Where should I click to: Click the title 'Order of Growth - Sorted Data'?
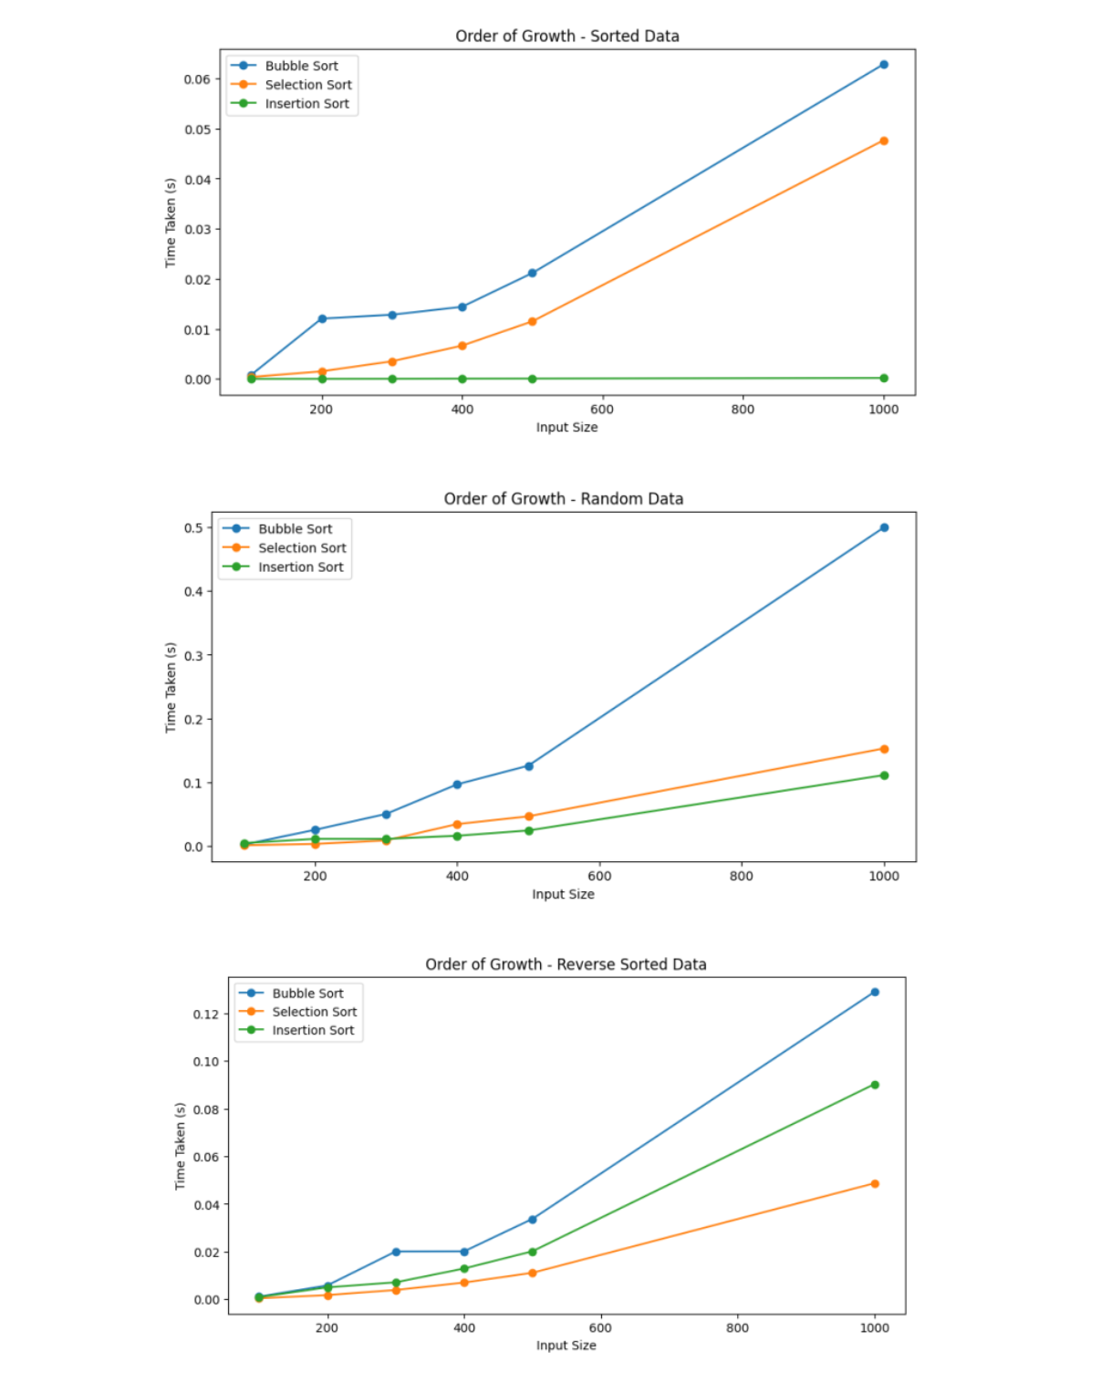(566, 36)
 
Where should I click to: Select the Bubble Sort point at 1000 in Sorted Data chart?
(883, 65)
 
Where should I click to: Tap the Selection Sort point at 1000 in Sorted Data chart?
(883, 141)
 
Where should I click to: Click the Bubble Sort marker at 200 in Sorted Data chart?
(322, 318)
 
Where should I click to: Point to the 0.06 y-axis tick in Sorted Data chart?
(197, 79)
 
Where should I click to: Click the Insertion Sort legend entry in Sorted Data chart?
(306, 104)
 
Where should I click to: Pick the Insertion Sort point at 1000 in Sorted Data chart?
(883, 378)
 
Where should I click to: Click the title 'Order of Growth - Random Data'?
(563, 499)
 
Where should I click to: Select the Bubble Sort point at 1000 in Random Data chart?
(883, 527)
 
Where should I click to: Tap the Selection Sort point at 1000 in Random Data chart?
(883, 749)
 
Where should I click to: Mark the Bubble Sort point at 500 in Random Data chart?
(528, 766)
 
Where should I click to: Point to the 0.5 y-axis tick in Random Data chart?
(193, 528)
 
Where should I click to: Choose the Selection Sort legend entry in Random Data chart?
(301, 548)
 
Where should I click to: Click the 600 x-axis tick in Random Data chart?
(599, 876)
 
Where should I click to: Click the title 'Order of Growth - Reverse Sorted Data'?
(566, 964)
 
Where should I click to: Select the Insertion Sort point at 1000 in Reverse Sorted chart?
(874, 1085)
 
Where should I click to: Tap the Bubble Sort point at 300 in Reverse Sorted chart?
(396, 1252)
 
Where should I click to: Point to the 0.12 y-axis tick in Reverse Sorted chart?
(205, 1014)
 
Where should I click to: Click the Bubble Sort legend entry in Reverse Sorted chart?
(307, 993)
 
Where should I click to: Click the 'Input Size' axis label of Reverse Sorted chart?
(566, 1346)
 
